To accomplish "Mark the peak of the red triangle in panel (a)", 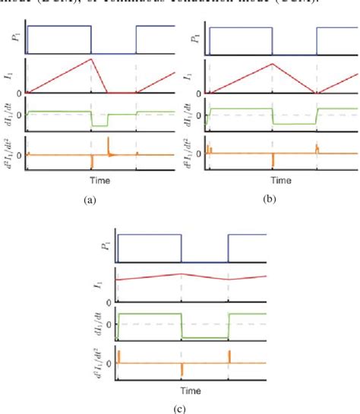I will [91, 58].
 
